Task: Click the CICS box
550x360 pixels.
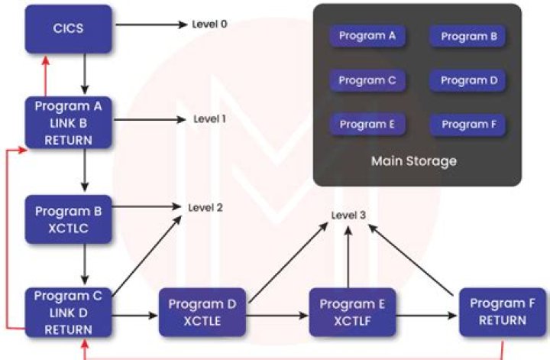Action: (x=69, y=29)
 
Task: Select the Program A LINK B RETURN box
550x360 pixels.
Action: (x=69, y=122)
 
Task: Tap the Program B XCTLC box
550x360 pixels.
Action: (x=69, y=219)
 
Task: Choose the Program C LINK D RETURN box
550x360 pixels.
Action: (x=69, y=313)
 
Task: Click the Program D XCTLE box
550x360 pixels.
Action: (x=202, y=313)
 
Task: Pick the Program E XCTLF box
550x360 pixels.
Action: (x=353, y=313)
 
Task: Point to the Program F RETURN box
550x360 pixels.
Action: (x=503, y=313)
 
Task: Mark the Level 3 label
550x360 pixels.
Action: (x=348, y=215)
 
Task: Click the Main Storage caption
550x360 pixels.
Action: (x=413, y=161)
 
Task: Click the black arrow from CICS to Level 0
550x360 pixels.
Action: (x=149, y=24)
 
